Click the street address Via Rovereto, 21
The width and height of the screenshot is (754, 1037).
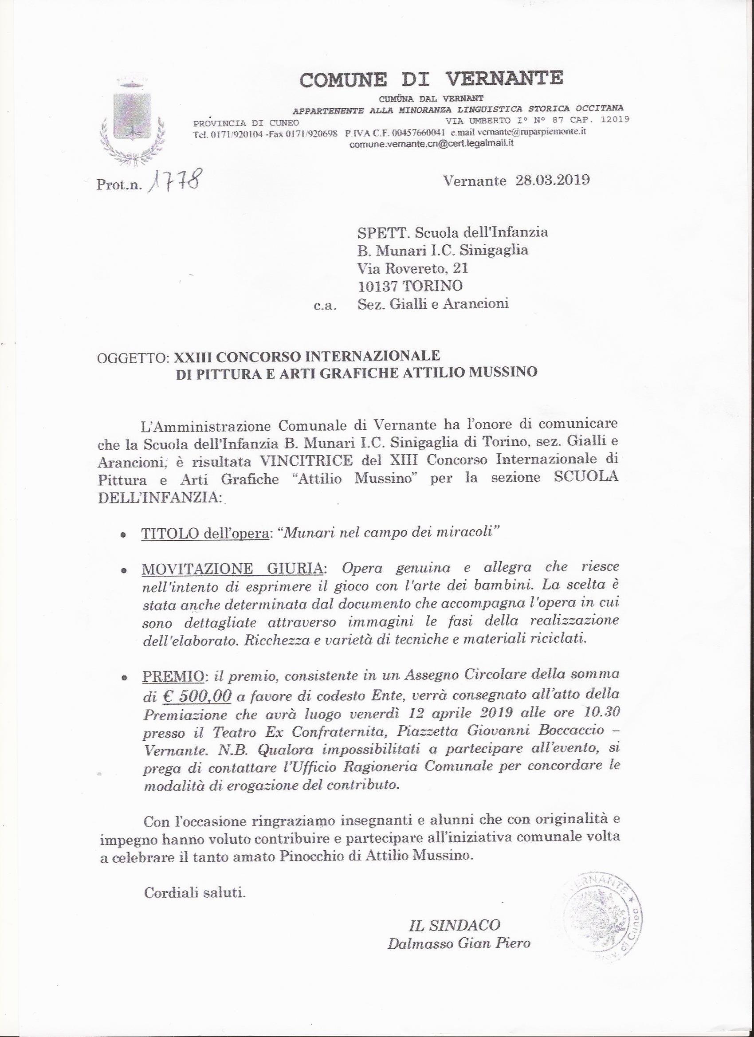[412, 268]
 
